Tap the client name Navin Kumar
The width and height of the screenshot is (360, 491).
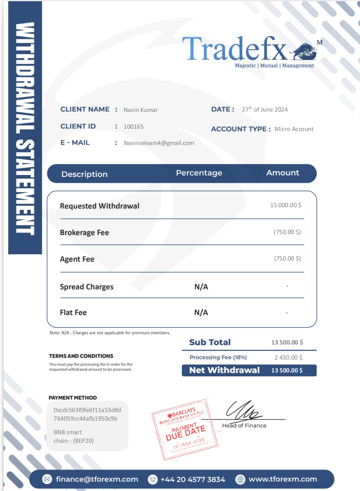click(141, 110)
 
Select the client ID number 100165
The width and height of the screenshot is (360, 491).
click(134, 127)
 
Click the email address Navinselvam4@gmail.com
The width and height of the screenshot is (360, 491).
click(159, 143)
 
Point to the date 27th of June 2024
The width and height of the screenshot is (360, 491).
click(265, 110)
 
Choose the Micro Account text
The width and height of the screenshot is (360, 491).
click(294, 129)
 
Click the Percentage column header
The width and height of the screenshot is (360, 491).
click(199, 173)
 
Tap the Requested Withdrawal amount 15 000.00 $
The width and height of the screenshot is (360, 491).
click(286, 205)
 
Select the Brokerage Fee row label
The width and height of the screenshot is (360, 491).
click(84, 233)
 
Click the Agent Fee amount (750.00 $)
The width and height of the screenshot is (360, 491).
click(287, 259)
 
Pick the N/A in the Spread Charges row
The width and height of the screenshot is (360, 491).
click(201, 287)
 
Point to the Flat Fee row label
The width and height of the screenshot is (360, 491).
click(73, 313)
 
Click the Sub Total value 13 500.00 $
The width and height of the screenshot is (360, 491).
click(287, 342)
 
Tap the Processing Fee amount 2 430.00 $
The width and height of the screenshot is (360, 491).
click(288, 358)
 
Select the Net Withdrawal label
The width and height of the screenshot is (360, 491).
click(224, 370)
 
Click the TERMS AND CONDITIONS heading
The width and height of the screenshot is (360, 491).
click(81, 356)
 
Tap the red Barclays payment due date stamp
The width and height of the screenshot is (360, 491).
click(184, 428)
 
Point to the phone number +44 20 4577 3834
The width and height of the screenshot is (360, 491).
click(193, 479)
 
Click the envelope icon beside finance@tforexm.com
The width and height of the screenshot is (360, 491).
click(47, 479)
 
